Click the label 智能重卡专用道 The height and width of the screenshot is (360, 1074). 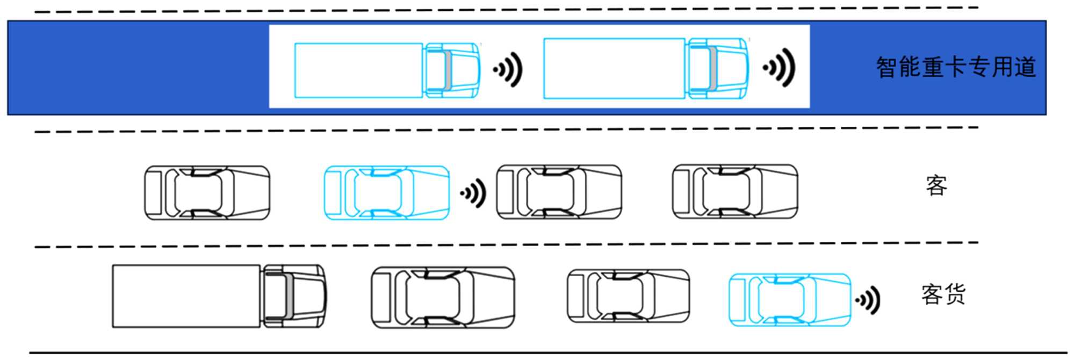tap(955, 68)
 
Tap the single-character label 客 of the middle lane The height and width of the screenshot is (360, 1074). tap(936, 186)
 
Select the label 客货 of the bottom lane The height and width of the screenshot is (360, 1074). tap(943, 294)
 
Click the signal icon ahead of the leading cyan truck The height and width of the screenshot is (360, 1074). tap(779, 68)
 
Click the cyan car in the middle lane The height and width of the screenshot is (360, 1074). tap(386, 192)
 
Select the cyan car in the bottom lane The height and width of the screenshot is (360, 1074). tap(789, 299)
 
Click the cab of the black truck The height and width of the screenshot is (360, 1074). tap(294, 296)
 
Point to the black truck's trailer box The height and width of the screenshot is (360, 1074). tap(186, 296)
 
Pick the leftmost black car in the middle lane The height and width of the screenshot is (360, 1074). tap(207, 192)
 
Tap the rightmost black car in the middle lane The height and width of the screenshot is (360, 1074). tap(735, 192)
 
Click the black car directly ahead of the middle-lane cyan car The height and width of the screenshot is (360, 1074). tap(559, 192)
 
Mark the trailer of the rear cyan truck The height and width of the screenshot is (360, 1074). tap(358, 70)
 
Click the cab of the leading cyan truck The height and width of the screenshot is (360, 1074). tap(718, 68)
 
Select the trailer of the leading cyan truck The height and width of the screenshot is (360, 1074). tap(614, 68)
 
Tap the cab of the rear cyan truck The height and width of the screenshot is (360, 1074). tap(452, 70)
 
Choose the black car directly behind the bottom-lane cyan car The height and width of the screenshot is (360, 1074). tap(628, 296)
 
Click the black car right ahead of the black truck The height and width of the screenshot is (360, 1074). tap(443, 297)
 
